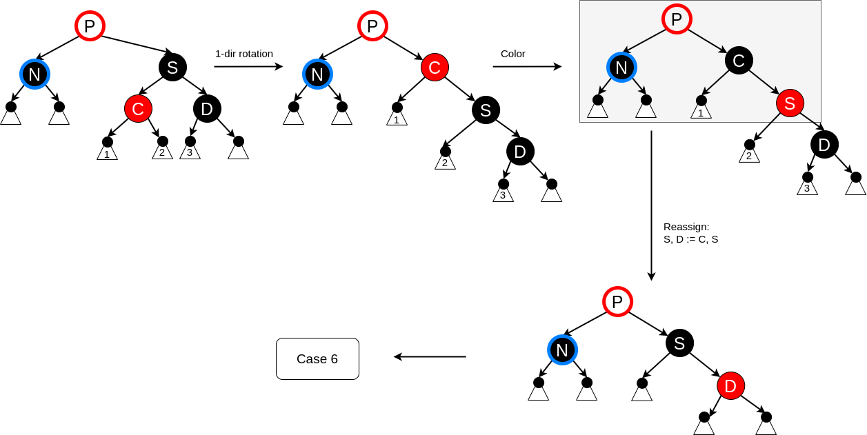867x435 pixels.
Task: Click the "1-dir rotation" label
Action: [x=243, y=54]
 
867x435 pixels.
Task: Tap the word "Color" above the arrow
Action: [x=512, y=54]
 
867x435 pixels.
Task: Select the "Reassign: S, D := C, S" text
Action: [x=690, y=233]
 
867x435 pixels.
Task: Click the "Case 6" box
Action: [x=317, y=358]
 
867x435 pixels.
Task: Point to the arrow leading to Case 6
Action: [x=430, y=356]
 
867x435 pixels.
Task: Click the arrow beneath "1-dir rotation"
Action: [x=248, y=67]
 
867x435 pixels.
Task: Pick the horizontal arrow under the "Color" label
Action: [x=527, y=67]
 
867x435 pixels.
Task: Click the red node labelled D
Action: [x=730, y=386]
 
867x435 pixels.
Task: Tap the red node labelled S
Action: [x=790, y=103]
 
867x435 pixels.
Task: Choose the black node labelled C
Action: [x=739, y=61]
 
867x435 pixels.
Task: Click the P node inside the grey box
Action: [x=677, y=19]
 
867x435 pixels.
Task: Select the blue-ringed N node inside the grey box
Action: [x=621, y=67]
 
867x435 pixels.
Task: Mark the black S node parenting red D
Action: [x=679, y=343]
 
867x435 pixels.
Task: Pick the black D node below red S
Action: [x=824, y=145]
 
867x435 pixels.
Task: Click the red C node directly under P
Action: [x=435, y=68]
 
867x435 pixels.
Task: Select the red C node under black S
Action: [x=138, y=109]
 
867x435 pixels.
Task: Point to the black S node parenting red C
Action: [x=172, y=68]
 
